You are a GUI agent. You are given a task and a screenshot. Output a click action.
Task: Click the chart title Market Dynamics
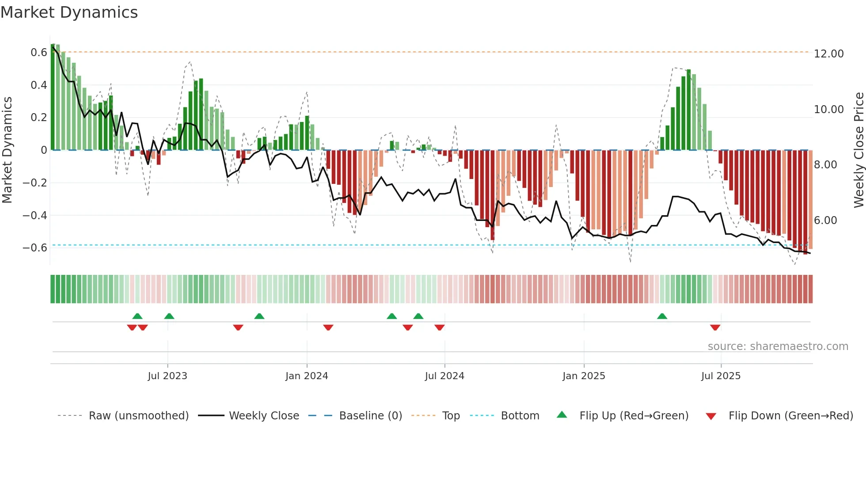click(69, 12)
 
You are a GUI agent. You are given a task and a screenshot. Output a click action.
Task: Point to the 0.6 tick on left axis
click(39, 53)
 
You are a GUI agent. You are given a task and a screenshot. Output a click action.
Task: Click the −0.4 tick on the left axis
click(35, 215)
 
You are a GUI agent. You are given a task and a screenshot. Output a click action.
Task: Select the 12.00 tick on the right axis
click(828, 54)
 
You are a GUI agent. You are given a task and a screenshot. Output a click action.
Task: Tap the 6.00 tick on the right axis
click(825, 221)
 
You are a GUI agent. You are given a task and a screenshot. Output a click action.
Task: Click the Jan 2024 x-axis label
click(307, 376)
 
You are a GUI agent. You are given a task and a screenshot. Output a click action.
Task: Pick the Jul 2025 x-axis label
click(721, 376)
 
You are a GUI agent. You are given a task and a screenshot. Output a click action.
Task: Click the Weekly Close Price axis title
click(858, 150)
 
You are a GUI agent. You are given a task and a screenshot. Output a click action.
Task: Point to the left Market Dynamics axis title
click(7, 150)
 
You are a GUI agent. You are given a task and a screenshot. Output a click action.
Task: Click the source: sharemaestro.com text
click(778, 346)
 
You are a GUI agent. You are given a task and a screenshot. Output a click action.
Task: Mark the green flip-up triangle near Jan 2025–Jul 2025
click(662, 316)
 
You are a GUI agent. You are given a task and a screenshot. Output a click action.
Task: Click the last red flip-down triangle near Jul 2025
click(715, 327)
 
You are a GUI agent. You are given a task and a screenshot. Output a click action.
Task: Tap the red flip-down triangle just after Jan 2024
click(328, 327)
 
